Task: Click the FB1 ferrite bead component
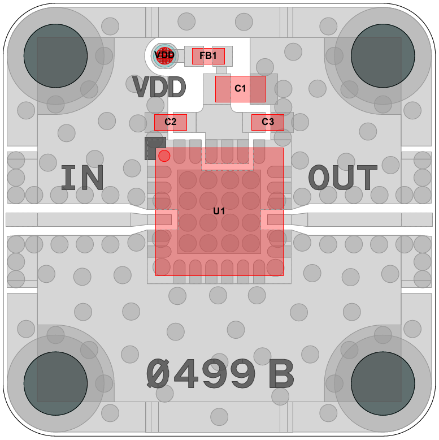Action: click(x=208, y=56)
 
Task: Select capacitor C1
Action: click(x=240, y=89)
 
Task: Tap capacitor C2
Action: click(x=171, y=122)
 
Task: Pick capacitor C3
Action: click(x=268, y=122)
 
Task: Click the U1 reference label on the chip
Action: click(x=219, y=211)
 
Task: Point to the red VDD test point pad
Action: click(x=164, y=55)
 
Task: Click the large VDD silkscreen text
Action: click(x=159, y=87)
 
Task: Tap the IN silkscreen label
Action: click(x=82, y=178)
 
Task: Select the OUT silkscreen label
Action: click(x=342, y=178)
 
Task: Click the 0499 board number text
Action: click(x=201, y=374)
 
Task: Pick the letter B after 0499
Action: click(x=281, y=374)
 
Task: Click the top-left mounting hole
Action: click(x=55, y=56)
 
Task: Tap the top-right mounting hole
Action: click(x=383, y=56)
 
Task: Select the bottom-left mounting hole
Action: click(x=55, y=383)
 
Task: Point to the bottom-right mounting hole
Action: click(x=383, y=383)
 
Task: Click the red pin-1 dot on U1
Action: click(x=164, y=156)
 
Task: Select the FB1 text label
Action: click(x=208, y=55)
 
